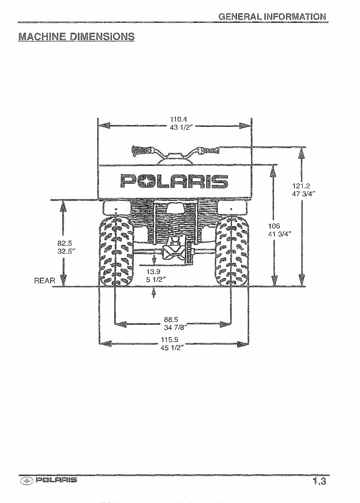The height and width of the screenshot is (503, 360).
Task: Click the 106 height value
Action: [274, 226]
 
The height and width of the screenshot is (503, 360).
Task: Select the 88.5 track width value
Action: [171, 319]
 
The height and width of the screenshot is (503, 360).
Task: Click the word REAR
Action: [44, 281]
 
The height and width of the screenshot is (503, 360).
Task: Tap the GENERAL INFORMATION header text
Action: [272, 17]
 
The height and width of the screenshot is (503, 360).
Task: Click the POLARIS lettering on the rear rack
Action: [174, 181]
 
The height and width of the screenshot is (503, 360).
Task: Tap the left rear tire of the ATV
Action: [115, 251]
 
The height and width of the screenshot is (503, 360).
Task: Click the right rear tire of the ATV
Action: [232, 251]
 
